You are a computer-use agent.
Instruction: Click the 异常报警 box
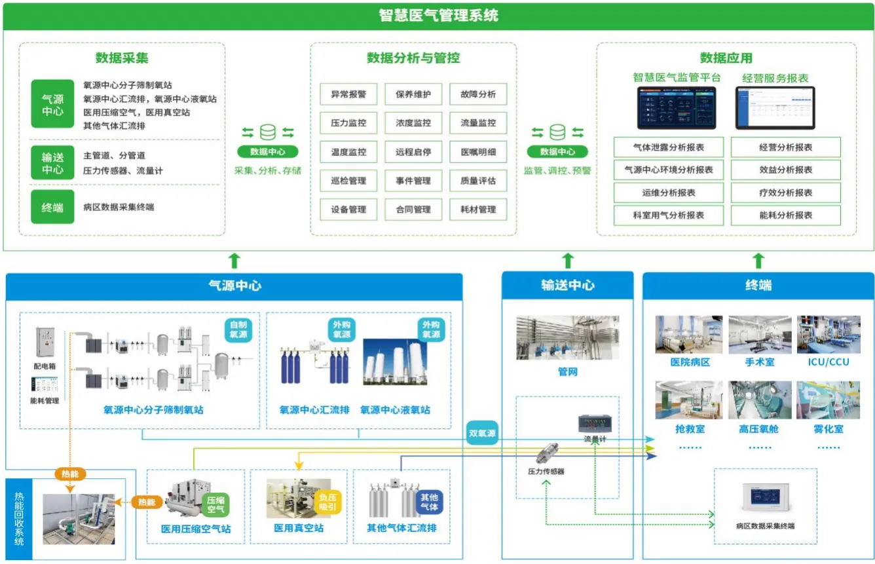[x=348, y=94]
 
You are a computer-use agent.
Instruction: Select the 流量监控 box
[x=478, y=123]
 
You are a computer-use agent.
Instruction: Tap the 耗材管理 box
[x=478, y=210]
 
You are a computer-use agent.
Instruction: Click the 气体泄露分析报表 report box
[x=668, y=147]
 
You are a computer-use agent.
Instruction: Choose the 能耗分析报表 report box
[x=785, y=216]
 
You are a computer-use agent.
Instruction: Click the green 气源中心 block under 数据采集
[x=52, y=105]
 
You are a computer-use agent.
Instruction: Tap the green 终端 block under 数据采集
[x=52, y=208]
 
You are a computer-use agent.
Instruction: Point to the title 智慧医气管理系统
[x=438, y=15]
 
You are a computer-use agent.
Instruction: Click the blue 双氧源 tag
[x=481, y=434]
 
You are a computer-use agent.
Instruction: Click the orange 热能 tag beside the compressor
[x=146, y=502]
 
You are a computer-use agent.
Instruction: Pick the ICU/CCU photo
[x=828, y=335]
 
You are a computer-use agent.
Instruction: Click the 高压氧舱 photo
[x=760, y=400]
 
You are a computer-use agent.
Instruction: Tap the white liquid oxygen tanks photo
[x=394, y=363]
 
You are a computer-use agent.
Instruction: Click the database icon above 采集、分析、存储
[x=267, y=132]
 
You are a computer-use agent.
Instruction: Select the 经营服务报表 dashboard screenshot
[x=775, y=107]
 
